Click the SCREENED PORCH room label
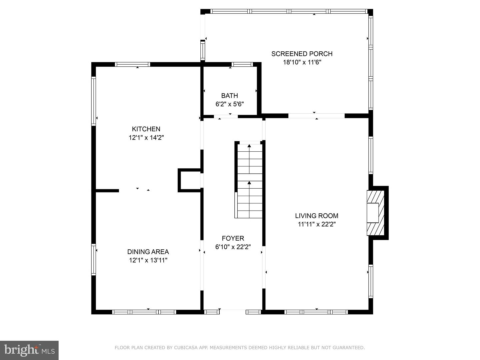click(302, 54)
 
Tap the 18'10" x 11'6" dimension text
click(302, 62)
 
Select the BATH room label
click(230, 96)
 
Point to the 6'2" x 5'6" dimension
click(230, 104)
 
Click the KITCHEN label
click(146, 129)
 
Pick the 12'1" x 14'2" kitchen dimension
click(146, 137)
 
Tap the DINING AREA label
click(148, 252)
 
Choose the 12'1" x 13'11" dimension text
click(148, 260)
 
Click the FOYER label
click(233, 238)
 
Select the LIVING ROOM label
click(317, 216)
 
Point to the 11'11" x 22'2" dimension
click(317, 224)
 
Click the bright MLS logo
click(29, 350)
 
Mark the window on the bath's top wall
click(242, 64)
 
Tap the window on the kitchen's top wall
click(133, 64)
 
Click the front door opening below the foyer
click(233, 312)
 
